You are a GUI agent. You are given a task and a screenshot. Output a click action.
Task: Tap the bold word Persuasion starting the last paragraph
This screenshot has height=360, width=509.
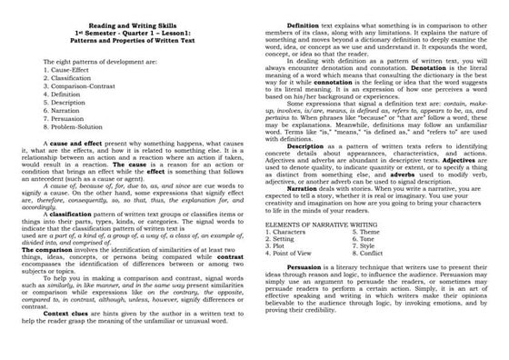click(303, 268)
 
